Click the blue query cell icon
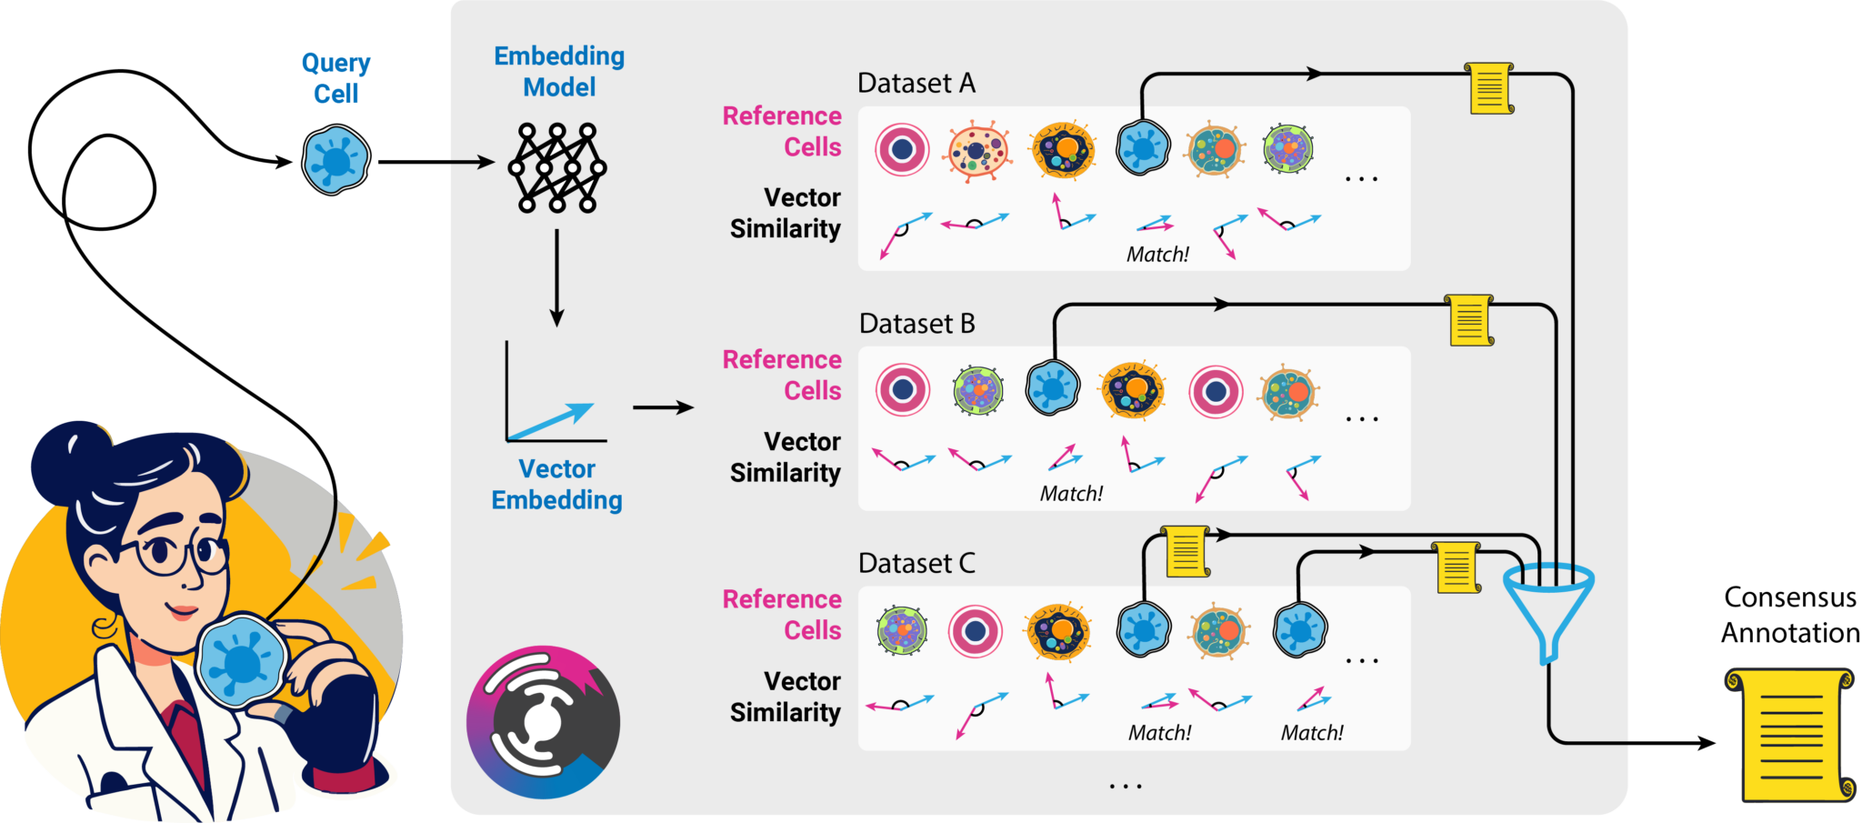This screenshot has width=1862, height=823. (335, 161)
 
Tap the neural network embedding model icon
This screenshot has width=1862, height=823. (557, 168)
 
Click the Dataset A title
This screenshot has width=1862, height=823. (916, 84)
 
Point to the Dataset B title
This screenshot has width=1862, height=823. (916, 324)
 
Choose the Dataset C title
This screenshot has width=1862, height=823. (916, 564)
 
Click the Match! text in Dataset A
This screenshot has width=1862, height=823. (1156, 255)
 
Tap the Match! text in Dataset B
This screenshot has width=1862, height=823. (1070, 494)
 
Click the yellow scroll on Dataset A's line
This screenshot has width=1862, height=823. (1489, 88)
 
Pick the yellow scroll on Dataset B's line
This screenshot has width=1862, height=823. (1470, 320)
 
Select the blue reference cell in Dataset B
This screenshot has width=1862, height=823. (1052, 388)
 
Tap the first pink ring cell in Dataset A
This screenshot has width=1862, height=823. (902, 150)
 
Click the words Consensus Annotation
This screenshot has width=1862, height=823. (1789, 615)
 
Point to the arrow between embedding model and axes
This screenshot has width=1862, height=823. (556, 277)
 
